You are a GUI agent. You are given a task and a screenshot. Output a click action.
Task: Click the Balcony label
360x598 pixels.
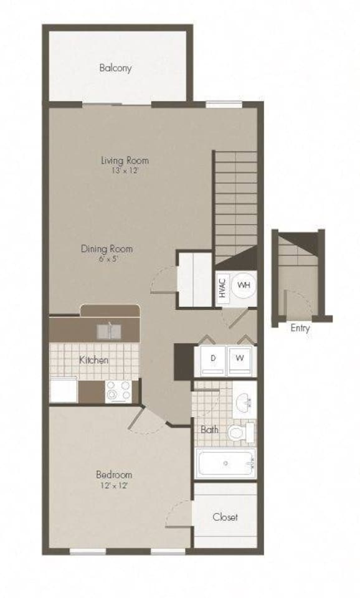coord(115,69)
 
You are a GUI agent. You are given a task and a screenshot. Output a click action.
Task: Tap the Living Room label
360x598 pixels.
coord(125,160)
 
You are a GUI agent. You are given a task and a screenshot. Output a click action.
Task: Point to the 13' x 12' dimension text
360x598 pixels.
coord(125,170)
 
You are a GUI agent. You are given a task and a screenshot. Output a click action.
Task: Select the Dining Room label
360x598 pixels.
coord(107,249)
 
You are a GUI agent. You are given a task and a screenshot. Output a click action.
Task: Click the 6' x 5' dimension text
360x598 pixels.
coord(107,259)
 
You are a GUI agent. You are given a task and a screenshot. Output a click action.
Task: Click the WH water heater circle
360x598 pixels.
coord(244,286)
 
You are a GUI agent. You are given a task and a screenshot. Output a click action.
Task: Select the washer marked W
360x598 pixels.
coord(239,359)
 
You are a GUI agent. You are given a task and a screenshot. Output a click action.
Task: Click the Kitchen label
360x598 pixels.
coord(94,360)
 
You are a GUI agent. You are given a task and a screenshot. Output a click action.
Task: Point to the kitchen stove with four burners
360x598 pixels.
coord(118,391)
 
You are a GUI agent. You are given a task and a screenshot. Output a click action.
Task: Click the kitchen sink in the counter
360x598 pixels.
coord(110,330)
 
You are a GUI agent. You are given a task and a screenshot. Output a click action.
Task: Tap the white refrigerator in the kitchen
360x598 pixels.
coord(64,391)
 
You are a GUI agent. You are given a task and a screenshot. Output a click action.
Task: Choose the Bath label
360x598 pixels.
coord(209,430)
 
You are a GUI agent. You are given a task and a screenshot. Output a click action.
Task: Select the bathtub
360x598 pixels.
coord(225,463)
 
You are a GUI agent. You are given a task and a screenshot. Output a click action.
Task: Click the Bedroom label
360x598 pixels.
coord(115,475)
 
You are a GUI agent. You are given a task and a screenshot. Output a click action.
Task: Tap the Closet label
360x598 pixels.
coord(225,517)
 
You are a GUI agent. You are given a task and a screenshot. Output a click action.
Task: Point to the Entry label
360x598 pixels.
coord(300,328)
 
